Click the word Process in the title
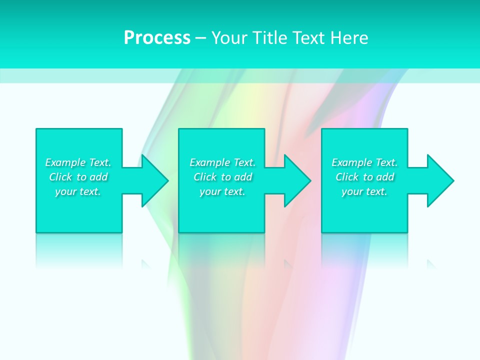pyautogui.click(x=157, y=38)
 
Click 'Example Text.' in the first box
pyautogui.click(x=78, y=162)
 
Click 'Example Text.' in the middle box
pyautogui.click(x=222, y=162)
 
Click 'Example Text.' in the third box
pyautogui.click(x=364, y=162)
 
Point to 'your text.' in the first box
pyautogui.click(x=78, y=191)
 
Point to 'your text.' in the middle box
pyautogui.click(x=222, y=191)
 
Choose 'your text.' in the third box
pyautogui.click(x=364, y=191)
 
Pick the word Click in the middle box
pyautogui.click(x=205, y=177)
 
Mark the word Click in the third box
pyautogui.click(x=347, y=177)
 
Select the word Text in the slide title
pyautogui.click(x=309, y=38)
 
